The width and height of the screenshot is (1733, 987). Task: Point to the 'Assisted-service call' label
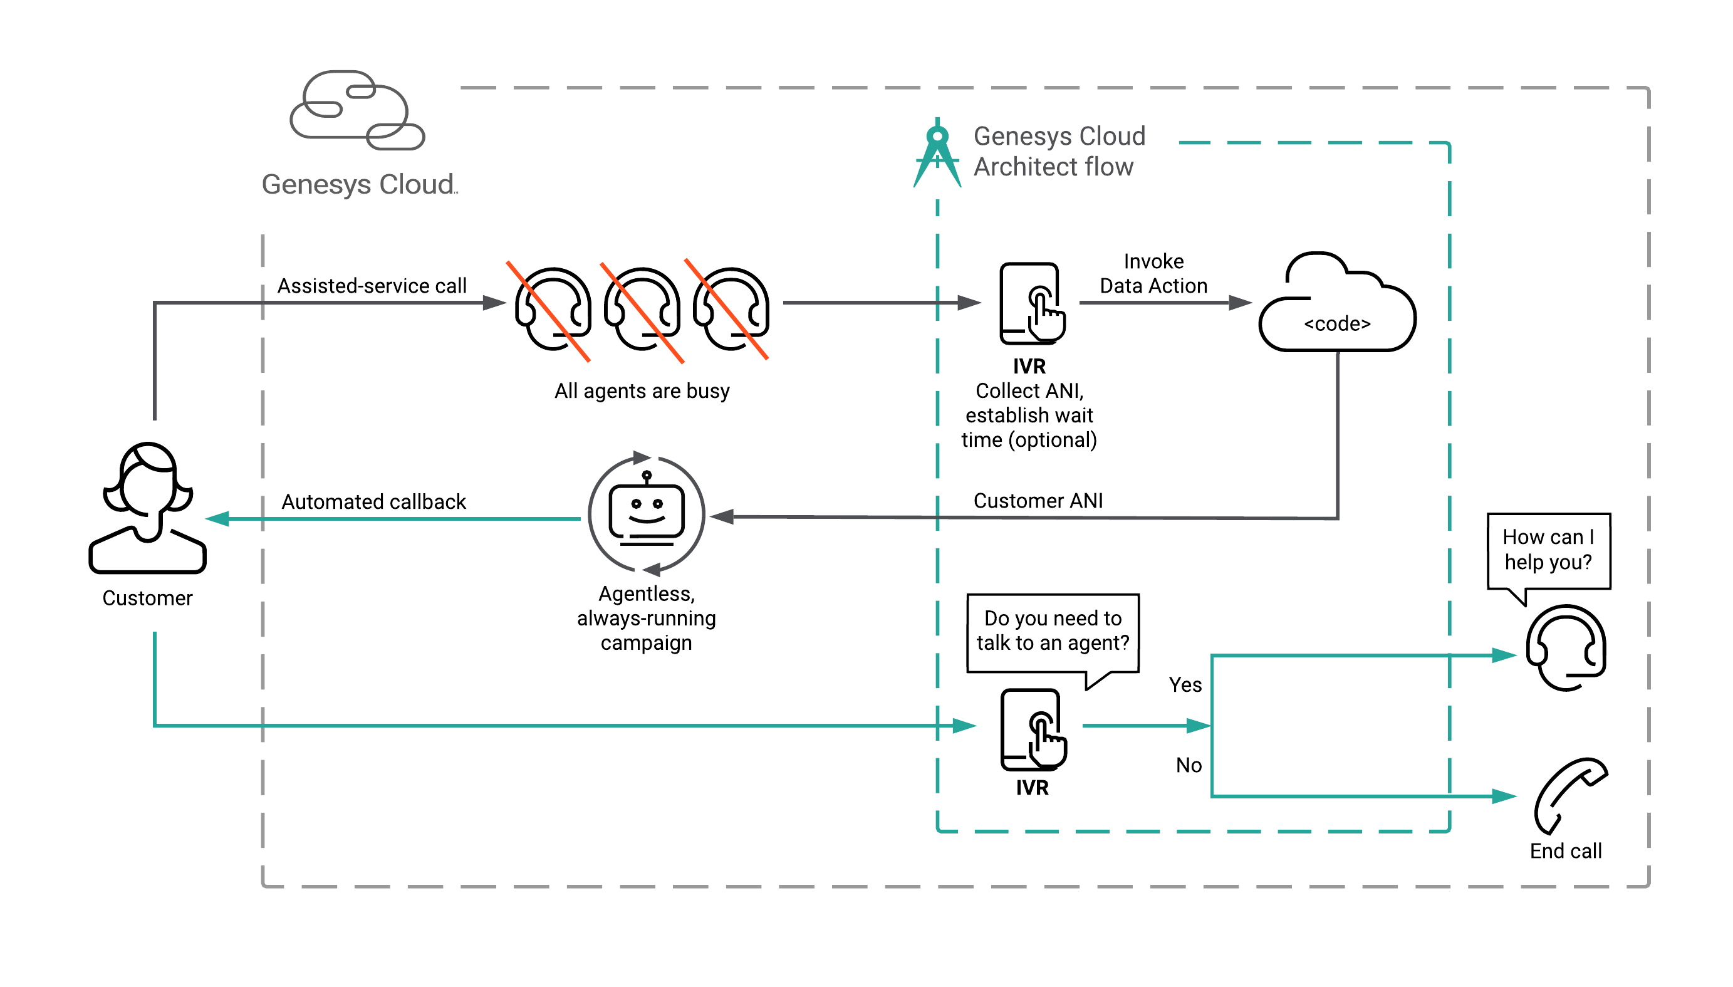tap(372, 285)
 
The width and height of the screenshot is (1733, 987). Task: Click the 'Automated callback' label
tap(373, 501)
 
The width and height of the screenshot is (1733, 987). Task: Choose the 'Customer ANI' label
tap(1038, 500)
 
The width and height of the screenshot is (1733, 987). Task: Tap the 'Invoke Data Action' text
tap(1153, 273)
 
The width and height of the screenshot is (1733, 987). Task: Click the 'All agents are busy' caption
tap(641, 390)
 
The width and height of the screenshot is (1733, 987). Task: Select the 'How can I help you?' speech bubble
tap(1548, 550)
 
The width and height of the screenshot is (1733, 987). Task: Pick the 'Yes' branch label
tap(1185, 685)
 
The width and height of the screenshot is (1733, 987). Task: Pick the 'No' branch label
tap(1188, 765)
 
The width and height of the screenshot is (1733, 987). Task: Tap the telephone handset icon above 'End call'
tap(1569, 794)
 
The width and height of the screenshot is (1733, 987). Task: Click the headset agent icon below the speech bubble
tap(1566, 647)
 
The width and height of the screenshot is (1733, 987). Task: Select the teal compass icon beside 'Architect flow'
tap(937, 155)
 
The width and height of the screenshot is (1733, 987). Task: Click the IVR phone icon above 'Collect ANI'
tap(1031, 303)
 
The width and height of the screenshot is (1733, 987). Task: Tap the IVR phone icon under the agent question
tap(1032, 729)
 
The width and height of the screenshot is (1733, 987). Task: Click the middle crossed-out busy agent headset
tap(642, 309)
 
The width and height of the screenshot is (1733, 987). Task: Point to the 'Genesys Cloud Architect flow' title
tap(1059, 151)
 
